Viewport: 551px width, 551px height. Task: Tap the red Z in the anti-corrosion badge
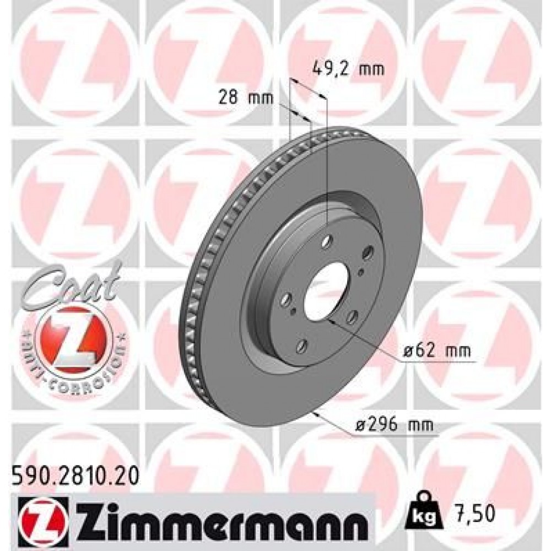pos(72,337)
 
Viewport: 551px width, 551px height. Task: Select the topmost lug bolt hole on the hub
pos(328,240)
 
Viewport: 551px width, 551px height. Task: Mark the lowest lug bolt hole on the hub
pos(301,346)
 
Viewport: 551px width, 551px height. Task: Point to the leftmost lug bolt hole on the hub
pos(285,299)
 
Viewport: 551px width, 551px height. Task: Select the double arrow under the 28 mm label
pos(300,115)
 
